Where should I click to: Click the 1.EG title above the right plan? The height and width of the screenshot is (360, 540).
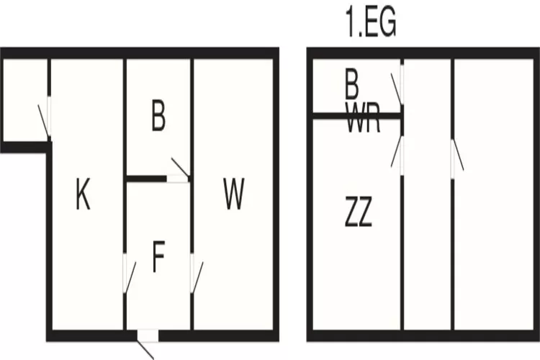[x=371, y=24]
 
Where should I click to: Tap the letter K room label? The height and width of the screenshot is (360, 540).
[x=84, y=194]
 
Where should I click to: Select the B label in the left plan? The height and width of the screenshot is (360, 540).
[x=158, y=117]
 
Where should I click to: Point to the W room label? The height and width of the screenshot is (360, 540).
[x=233, y=194]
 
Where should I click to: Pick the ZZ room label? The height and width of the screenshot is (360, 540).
[x=358, y=214]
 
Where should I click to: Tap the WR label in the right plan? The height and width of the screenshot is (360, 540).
[x=363, y=122]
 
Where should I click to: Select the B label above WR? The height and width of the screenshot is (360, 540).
[x=351, y=87]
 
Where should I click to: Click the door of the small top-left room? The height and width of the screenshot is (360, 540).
[x=48, y=115]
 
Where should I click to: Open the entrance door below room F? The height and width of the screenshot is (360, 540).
[x=148, y=336]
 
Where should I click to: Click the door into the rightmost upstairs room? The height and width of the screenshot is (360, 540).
[x=453, y=158]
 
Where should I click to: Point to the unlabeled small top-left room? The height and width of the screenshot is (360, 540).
[x=24, y=101]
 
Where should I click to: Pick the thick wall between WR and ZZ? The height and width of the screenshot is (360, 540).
[x=356, y=115]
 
